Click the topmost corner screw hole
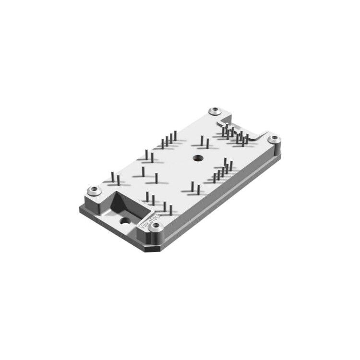(214, 111)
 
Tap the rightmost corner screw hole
(274, 139)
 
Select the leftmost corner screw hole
(94, 191)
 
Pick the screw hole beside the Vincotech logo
(154, 228)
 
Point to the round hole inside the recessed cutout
(125, 221)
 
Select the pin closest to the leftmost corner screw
(113, 179)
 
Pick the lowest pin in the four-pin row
(162, 144)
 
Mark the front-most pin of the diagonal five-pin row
(214, 178)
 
